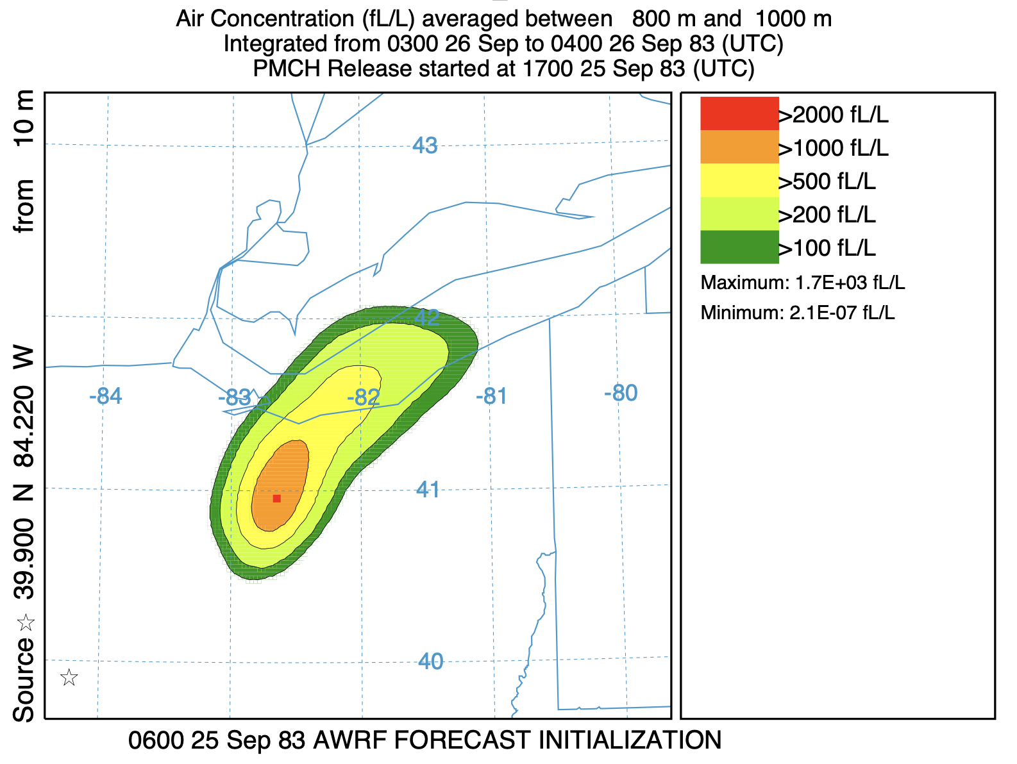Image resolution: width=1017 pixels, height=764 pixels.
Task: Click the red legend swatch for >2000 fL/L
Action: point(739,113)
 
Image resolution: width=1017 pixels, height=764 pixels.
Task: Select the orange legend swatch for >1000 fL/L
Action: point(739,147)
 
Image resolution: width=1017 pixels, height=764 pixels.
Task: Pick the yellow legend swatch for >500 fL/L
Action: point(739,180)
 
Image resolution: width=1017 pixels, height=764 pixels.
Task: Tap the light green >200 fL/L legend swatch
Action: point(739,213)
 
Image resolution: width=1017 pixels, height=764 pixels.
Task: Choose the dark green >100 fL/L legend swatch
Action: point(739,247)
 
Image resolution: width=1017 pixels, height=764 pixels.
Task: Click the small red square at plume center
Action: point(276,498)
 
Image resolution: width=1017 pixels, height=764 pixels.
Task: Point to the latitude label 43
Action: point(425,146)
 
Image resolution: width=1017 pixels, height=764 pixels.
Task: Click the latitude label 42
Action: point(428,317)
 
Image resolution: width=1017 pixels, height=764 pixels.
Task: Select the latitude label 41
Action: point(428,490)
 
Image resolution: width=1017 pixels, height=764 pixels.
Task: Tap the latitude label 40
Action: point(430,661)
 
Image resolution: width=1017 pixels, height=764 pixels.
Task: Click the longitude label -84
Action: point(106,397)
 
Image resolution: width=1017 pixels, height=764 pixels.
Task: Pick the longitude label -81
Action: point(492,397)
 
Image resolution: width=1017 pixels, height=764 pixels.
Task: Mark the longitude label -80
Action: point(621,393)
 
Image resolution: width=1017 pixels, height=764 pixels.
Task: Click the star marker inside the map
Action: point(69,677)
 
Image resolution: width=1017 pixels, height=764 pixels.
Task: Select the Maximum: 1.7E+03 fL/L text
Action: point(802,283)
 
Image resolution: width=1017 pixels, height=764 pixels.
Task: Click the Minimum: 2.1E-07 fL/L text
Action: point(797,313)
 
